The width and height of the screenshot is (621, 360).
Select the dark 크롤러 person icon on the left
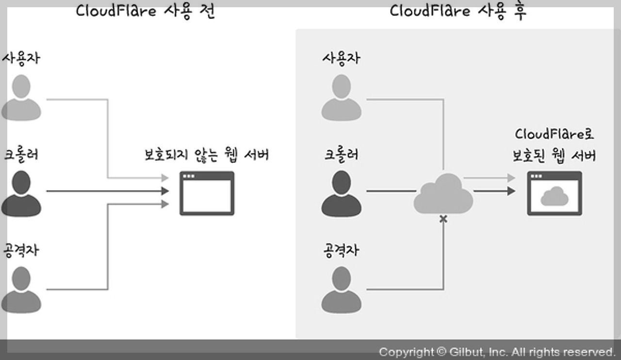(x=21, y=194)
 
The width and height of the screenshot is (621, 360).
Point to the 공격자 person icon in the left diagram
(x=21, y=290)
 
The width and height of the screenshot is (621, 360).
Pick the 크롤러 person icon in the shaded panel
(x=341, y=194)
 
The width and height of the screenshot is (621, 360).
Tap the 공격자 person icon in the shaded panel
(x=341, y=290)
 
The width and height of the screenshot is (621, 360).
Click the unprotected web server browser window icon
(x=207, y=193)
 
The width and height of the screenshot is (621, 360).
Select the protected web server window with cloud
(x=555, y=193)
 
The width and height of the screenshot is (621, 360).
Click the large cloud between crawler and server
(x=443, y=194)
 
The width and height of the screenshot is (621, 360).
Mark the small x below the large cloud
(x=443, y=220)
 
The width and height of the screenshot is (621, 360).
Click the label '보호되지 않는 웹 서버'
(x=207, y=155)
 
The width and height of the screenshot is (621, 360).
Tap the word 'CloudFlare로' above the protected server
(x=555, y=134)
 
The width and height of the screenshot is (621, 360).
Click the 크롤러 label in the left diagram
(x=21, y=155)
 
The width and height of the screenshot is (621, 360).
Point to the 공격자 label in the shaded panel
(x=341, y=251)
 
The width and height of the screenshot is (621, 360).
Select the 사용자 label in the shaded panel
(x=341, y=58)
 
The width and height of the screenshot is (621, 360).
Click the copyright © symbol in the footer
(x=441, y=352)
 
